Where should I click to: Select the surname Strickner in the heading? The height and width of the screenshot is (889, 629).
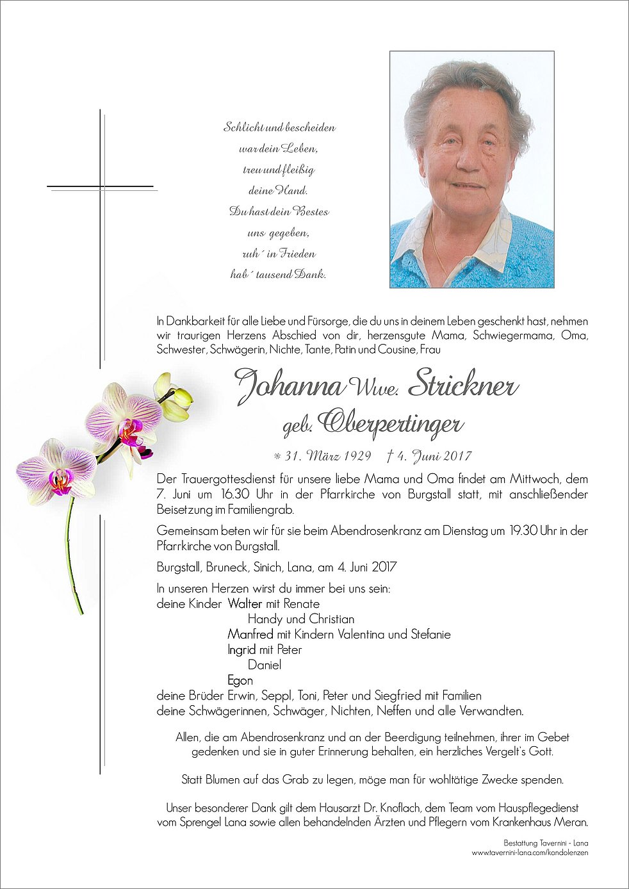(x=462, y=384)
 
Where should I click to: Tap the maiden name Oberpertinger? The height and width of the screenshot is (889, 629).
(x=390, y=423)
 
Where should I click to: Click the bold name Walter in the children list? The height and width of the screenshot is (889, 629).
(x=245, y=603)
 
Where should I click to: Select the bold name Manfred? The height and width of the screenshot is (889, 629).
(x=250, y=634)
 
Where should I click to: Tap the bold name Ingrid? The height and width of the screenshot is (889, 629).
(x=241, y=649)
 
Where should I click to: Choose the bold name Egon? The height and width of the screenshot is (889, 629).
(x=240, y=680)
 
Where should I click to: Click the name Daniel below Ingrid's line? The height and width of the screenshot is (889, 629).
(x=265, y=665)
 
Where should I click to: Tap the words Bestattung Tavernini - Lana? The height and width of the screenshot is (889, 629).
(x=546, y=843)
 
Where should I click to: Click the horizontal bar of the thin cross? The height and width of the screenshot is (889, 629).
(x=101, y=187)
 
